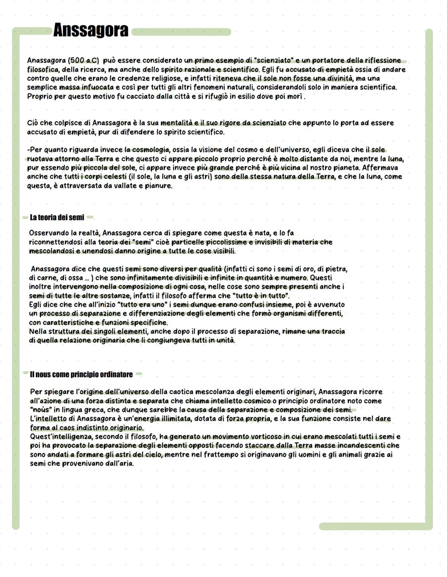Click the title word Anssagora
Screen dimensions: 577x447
[x=91, y=31]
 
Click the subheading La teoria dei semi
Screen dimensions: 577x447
[x=57, y=218]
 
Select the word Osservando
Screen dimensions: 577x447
[x=49, y=233]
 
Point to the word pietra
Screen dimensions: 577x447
[x=336, y=269]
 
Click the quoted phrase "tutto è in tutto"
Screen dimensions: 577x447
[x=262, y=296]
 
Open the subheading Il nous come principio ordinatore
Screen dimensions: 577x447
[x=81, y=374]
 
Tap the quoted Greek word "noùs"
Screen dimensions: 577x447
[x=40, y=410]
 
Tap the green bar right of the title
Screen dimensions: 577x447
[x=181, y=32]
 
